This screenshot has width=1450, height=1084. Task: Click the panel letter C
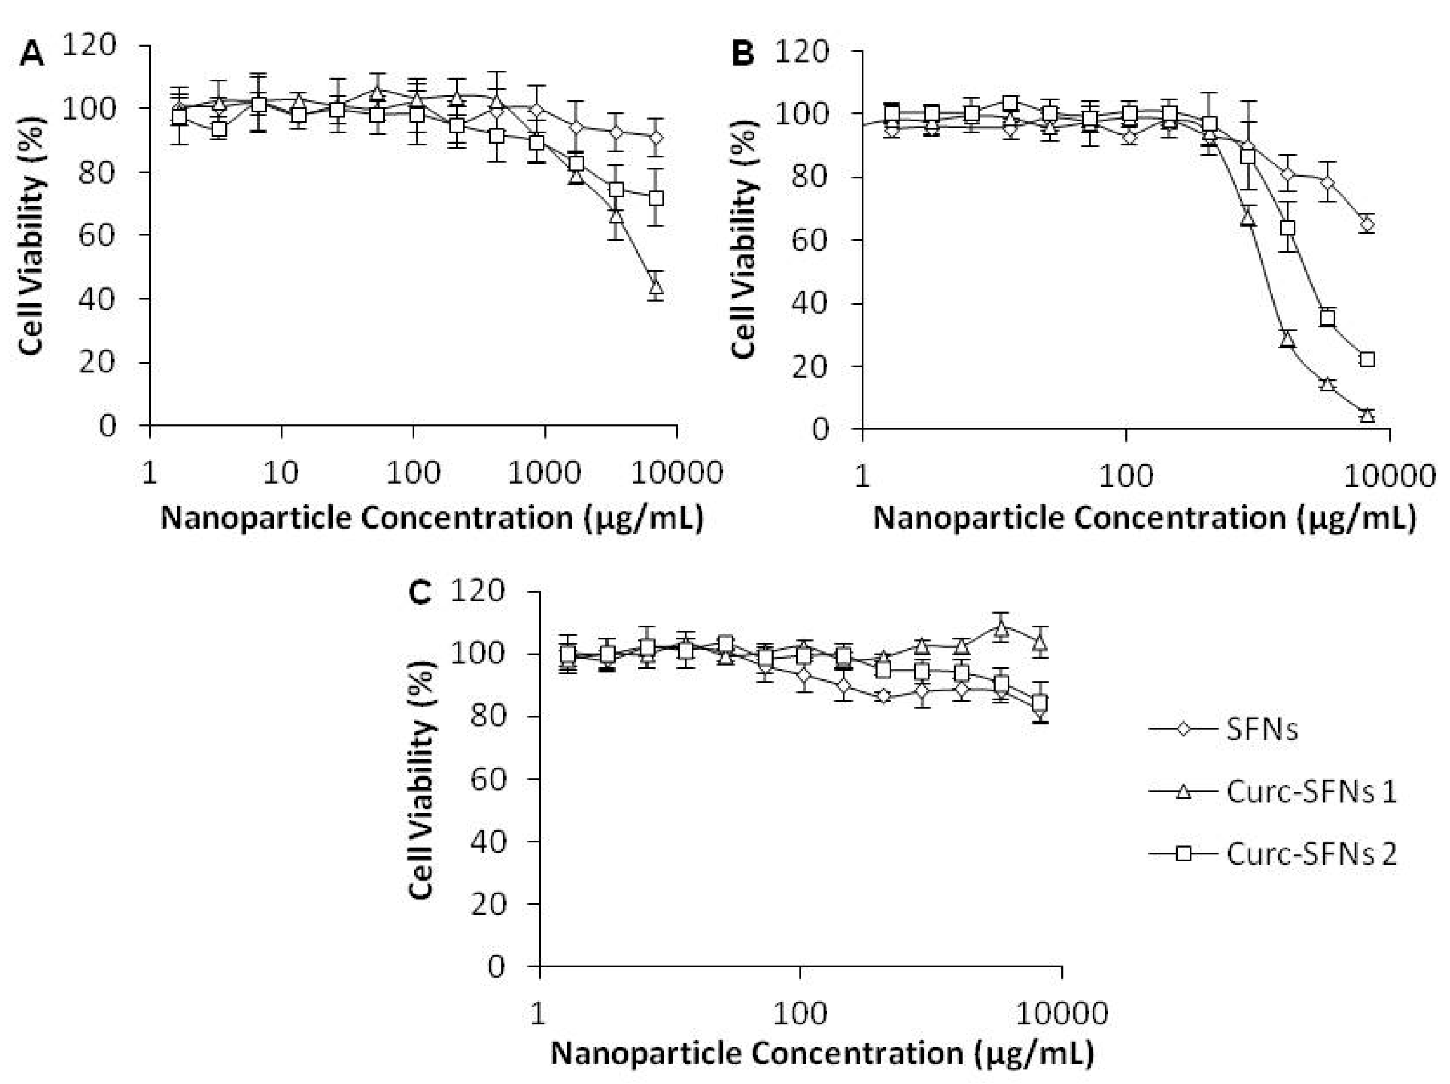click(x=419, y=593)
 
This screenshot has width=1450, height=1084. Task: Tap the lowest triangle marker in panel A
click(x=656, y=287)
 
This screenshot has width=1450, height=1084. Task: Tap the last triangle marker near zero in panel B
click(x=1367, y=415)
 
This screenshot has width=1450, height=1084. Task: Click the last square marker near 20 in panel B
click(x=1367, y=359)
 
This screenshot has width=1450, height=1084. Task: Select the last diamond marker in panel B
click(x=1367, y=225)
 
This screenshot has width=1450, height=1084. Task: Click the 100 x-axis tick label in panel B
click(x=1125, y=476)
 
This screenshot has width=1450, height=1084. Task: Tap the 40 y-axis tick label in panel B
click(x=810, y=304)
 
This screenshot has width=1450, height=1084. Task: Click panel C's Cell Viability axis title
click(x=421, y=779)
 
